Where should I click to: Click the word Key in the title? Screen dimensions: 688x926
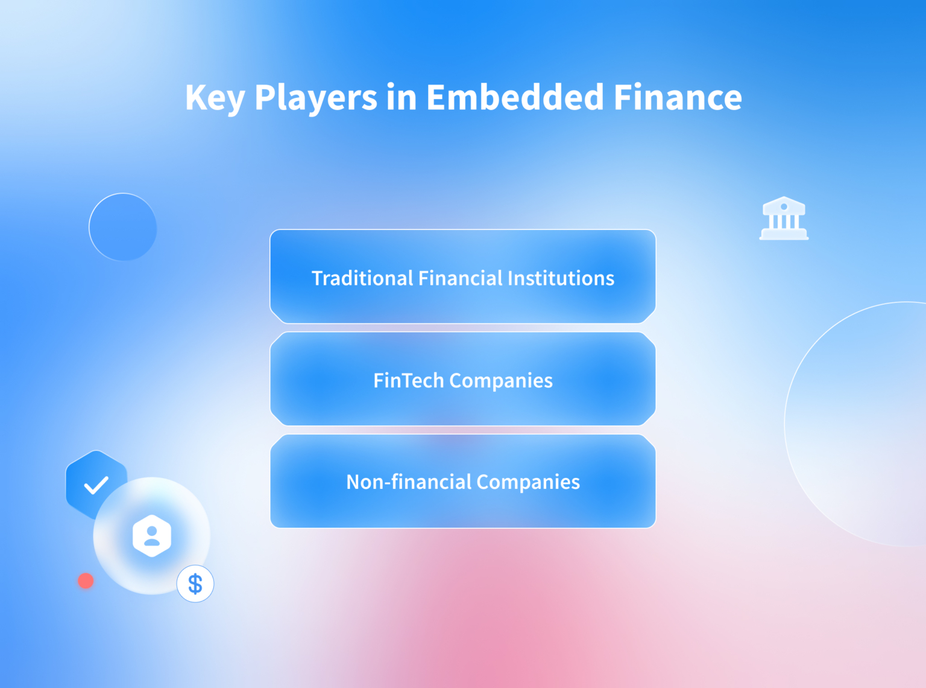point(215,98)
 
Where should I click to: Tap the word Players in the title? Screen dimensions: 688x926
point(316,98)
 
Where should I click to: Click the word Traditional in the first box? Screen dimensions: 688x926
point(362,278)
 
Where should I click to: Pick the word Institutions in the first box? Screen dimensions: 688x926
point(561,278)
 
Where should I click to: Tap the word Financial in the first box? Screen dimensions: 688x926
point(461,278)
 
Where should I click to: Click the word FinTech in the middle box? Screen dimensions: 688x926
point(408,381)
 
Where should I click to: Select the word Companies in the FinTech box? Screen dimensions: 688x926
point(501,381)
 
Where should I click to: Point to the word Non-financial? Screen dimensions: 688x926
point(408,482)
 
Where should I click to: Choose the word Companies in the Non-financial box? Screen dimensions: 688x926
point(528,482)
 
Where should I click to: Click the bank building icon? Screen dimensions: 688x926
point(784,218)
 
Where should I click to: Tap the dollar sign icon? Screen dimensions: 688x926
point(195,584)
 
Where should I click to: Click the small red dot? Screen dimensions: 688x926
point(86,581)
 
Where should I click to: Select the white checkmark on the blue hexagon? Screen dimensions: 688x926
point(96,485)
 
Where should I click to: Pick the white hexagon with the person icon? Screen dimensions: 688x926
point(152,536)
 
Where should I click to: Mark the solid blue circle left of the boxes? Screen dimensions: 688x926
point(123,227)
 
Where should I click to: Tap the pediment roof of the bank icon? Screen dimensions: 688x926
point(784,204)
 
